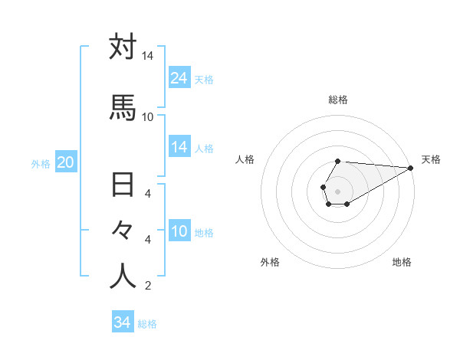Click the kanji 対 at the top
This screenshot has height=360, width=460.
coord(123,47)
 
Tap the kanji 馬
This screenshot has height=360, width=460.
coord(123,107)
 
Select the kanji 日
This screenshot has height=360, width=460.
coord(123,186)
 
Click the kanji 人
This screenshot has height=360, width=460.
coord(123,277)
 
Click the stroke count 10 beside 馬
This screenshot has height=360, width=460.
coord(148,116)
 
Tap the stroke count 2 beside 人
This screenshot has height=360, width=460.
coord(148,286)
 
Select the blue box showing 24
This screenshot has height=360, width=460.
coord(179,78)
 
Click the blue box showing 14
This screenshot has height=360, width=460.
coord(179,147)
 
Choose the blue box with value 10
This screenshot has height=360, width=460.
coord(179,231)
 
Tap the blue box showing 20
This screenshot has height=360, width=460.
coord(66,162)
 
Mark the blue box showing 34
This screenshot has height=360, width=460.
coord(122,322)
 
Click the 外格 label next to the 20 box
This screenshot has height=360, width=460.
coord(41,163)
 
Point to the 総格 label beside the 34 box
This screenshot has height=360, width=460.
coord(147,324)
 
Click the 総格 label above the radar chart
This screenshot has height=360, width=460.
coord(338,100)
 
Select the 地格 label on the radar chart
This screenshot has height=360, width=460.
coord(402,262)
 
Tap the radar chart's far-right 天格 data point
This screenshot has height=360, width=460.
coord(411,169)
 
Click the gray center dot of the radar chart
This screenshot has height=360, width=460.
coord(337,190)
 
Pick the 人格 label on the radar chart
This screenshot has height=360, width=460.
coord(245,159)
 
